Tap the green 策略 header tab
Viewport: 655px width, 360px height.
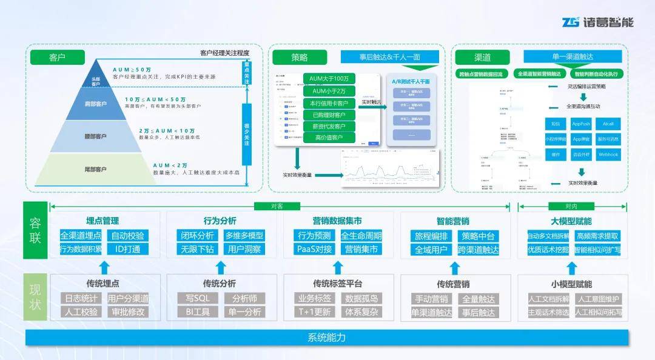[299, 58]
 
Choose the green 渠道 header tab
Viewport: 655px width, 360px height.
[482, 58]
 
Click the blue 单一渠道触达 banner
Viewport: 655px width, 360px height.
[573, 57]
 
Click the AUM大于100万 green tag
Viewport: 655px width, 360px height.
[329, 79]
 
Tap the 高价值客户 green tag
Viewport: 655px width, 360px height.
[329, 138]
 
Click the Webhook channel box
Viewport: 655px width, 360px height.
[608, 155]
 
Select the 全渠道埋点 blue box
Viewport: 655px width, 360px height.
[81, 236]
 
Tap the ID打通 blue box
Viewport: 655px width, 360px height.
[127, 249]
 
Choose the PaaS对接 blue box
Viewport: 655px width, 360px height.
[314, 249]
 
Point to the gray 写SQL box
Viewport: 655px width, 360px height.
[197, 298]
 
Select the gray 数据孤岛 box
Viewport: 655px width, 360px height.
[361, 298]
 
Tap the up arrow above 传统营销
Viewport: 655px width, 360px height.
[453, 267]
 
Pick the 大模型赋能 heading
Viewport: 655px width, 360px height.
[571, 221]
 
